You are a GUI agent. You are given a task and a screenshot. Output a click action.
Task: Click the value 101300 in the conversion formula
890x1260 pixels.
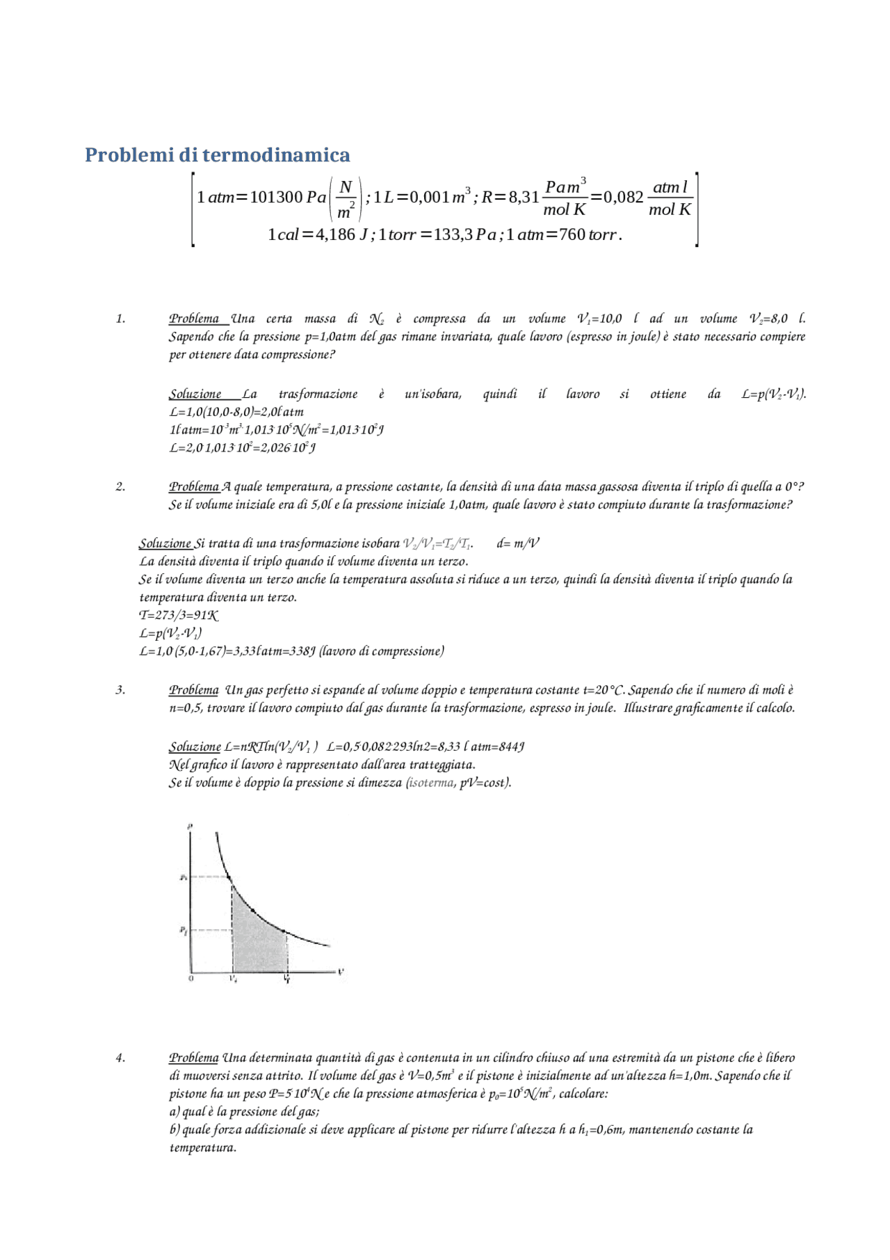pos(275,198)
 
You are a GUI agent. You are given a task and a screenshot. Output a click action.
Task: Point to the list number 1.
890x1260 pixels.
pos(120,319)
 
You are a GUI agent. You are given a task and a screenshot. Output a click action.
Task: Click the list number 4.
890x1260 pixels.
pos(120,1058)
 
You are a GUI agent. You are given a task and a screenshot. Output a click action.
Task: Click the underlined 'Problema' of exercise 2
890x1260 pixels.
pos(193,486)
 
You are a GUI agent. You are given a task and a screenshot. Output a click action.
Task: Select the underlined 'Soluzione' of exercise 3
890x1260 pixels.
pos(194,747)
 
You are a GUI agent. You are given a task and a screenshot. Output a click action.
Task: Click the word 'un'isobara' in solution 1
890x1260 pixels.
pos(432,394)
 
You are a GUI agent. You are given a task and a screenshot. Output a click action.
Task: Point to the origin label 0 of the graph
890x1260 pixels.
pos(191,978)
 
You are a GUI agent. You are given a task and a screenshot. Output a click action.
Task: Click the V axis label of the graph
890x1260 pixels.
pos(341,971)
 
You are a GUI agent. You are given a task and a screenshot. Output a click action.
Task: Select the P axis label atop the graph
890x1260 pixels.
pos(190,827)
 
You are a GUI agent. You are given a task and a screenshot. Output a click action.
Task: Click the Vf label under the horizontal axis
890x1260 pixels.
pos(286,979)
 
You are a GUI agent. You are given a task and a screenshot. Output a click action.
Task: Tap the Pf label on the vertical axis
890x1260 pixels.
pos(183,930)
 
